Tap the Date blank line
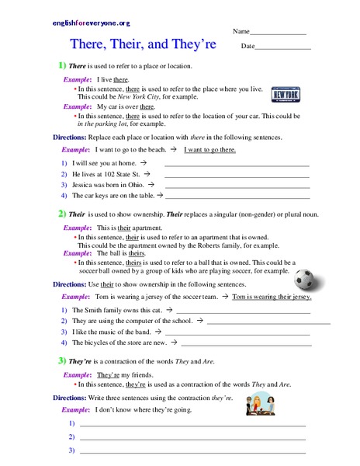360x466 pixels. pyautogui.click(x=282, y=49)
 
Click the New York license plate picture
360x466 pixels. pyautogui.click(x=285, y=94)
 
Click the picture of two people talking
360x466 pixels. pyautogui.click(x=257, y=403)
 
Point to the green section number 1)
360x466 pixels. pyautogui.click(x=62, y=67)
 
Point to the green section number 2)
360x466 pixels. pyautogui.click(x=62, y=212)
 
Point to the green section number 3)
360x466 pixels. pyautogui.click(x=62, y=361)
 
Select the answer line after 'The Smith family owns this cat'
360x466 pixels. pyautogui.click(x=247, y=311)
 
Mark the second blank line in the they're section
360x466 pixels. pyautogui.click(x=193, y=438)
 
